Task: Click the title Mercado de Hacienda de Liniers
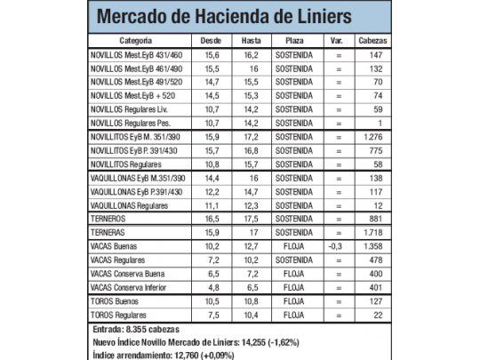222,18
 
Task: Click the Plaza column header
293,41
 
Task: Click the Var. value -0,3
335,245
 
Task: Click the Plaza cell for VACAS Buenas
293,245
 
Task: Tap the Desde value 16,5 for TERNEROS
212,218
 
